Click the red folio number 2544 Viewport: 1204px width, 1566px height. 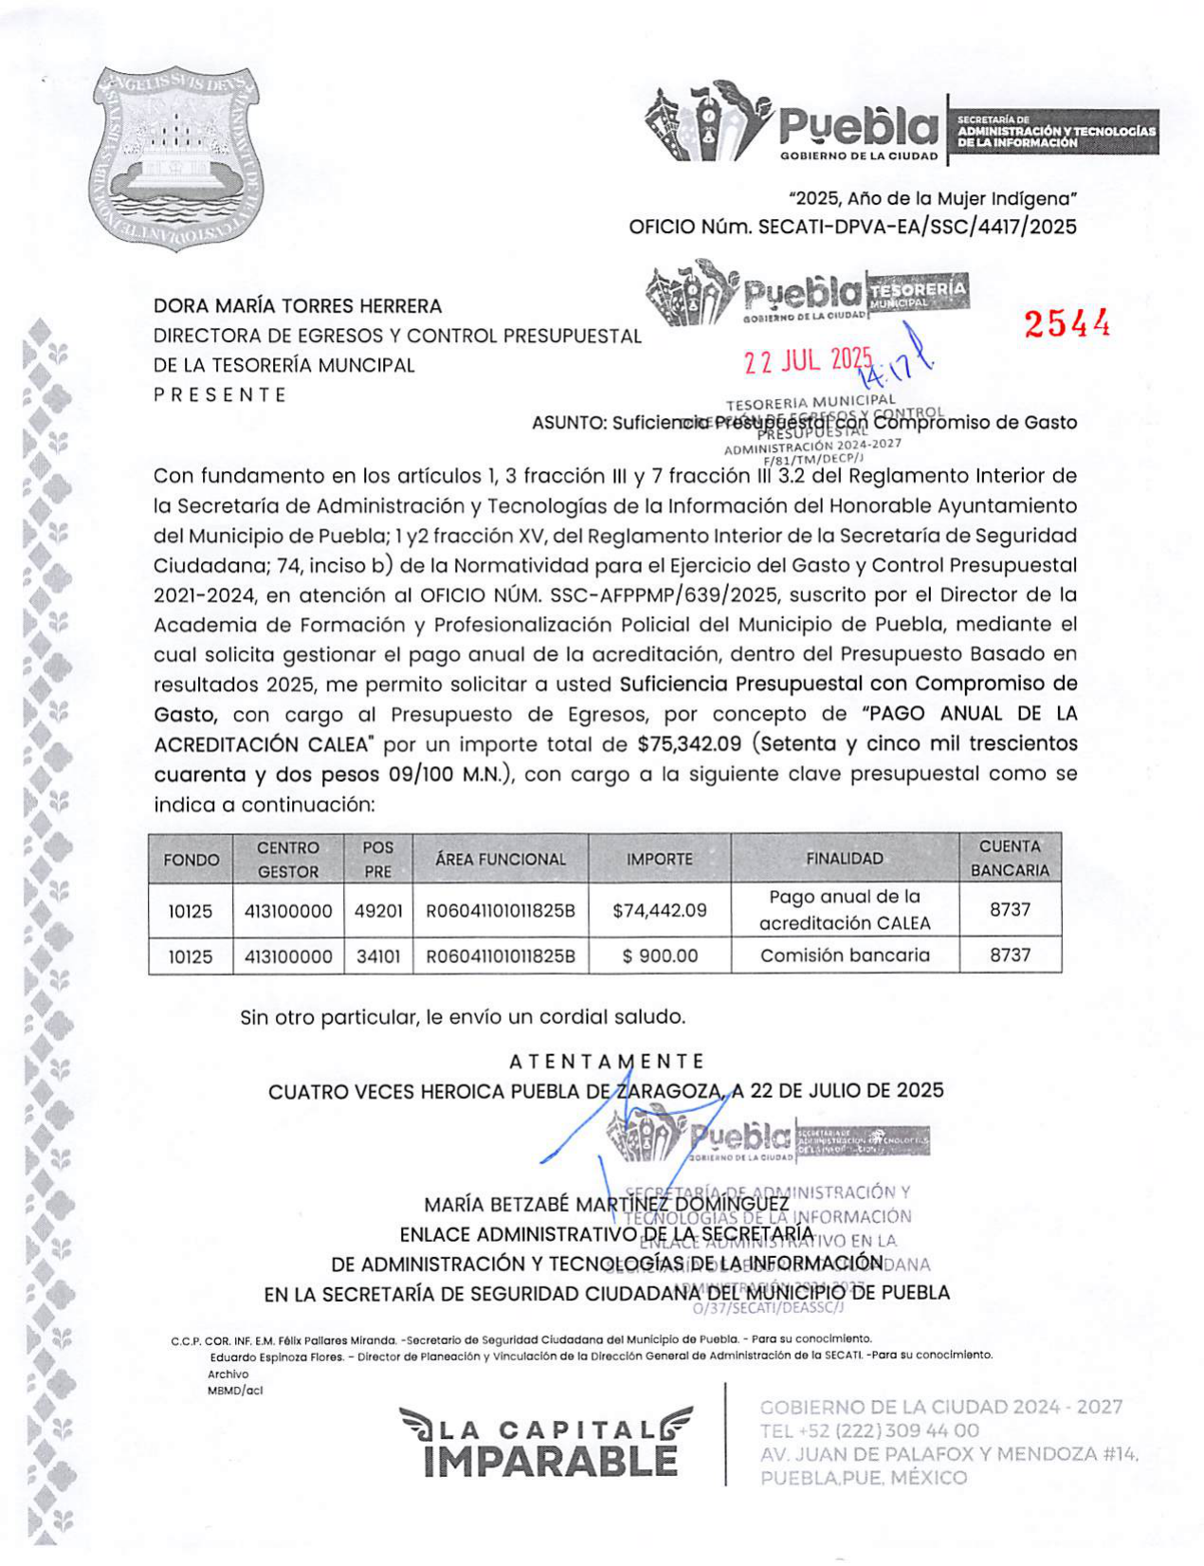(x=1067, y=324)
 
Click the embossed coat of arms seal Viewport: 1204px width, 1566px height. (x=178, y=158)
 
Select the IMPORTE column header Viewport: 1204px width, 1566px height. (x=659, y=859)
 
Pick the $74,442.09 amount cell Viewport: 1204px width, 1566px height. (x=659, y=910)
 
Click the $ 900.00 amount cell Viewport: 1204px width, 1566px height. (x=659, y=956)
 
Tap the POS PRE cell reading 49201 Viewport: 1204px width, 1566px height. (x=378, y=911)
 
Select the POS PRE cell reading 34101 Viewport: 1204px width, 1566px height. (x=378, y=956)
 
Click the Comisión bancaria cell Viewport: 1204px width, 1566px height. (x=845, y=956)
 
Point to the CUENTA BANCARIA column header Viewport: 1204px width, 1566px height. (x=1010, y=858)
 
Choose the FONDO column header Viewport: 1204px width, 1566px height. (x=191, y=860)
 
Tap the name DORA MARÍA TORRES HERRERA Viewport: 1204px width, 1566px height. (x=298, y=306)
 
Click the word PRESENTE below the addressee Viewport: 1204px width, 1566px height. (x=220, y=394)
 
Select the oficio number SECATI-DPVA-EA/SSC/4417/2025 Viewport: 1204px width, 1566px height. (x=917, y=228)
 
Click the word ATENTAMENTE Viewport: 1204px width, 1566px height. (x=607, y=1062)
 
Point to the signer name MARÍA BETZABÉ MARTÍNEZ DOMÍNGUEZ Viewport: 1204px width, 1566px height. (x=607, y=1205)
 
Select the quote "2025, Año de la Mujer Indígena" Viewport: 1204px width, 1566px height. (x=933, y=199)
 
